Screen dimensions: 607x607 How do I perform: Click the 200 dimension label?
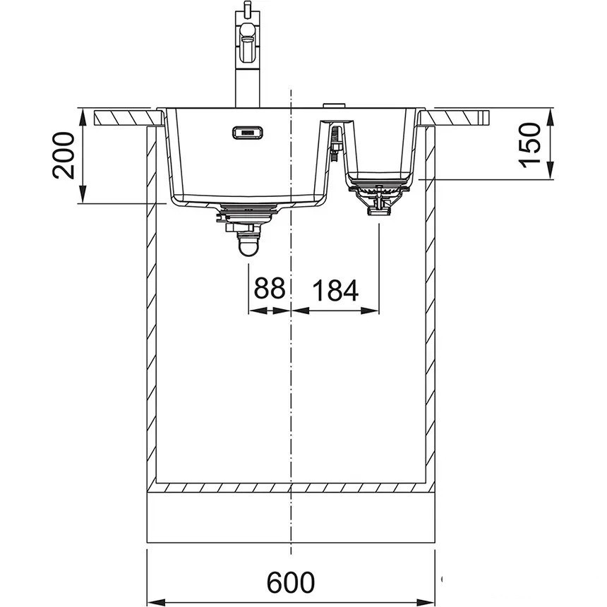(63, 155)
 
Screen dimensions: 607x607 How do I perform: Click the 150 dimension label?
(529, 145)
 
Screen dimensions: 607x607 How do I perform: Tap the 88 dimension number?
(270, 288)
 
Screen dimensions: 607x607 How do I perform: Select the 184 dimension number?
(335, 291)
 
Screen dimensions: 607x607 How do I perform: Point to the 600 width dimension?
(291, 582)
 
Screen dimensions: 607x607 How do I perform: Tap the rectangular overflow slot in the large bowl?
(248, 133)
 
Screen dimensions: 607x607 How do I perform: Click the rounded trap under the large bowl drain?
(248, 246)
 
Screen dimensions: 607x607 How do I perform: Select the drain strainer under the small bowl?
(378, 198)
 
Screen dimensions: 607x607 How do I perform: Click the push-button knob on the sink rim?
(334, 105)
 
